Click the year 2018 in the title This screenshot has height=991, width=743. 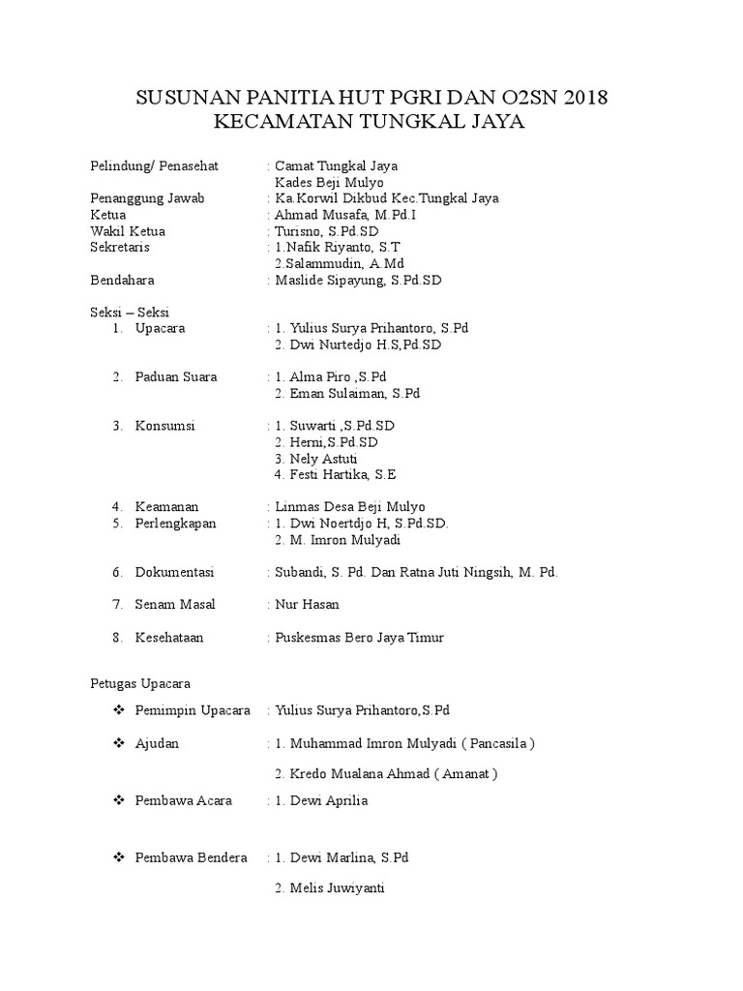584,98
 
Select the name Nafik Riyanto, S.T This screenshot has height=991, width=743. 341,248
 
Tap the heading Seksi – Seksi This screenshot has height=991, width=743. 122,312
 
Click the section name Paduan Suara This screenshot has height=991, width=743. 176,376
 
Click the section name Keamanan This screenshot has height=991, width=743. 168,506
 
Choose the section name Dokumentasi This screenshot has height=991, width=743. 175,572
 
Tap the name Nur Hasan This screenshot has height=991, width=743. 308,604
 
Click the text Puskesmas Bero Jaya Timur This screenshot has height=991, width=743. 360,637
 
